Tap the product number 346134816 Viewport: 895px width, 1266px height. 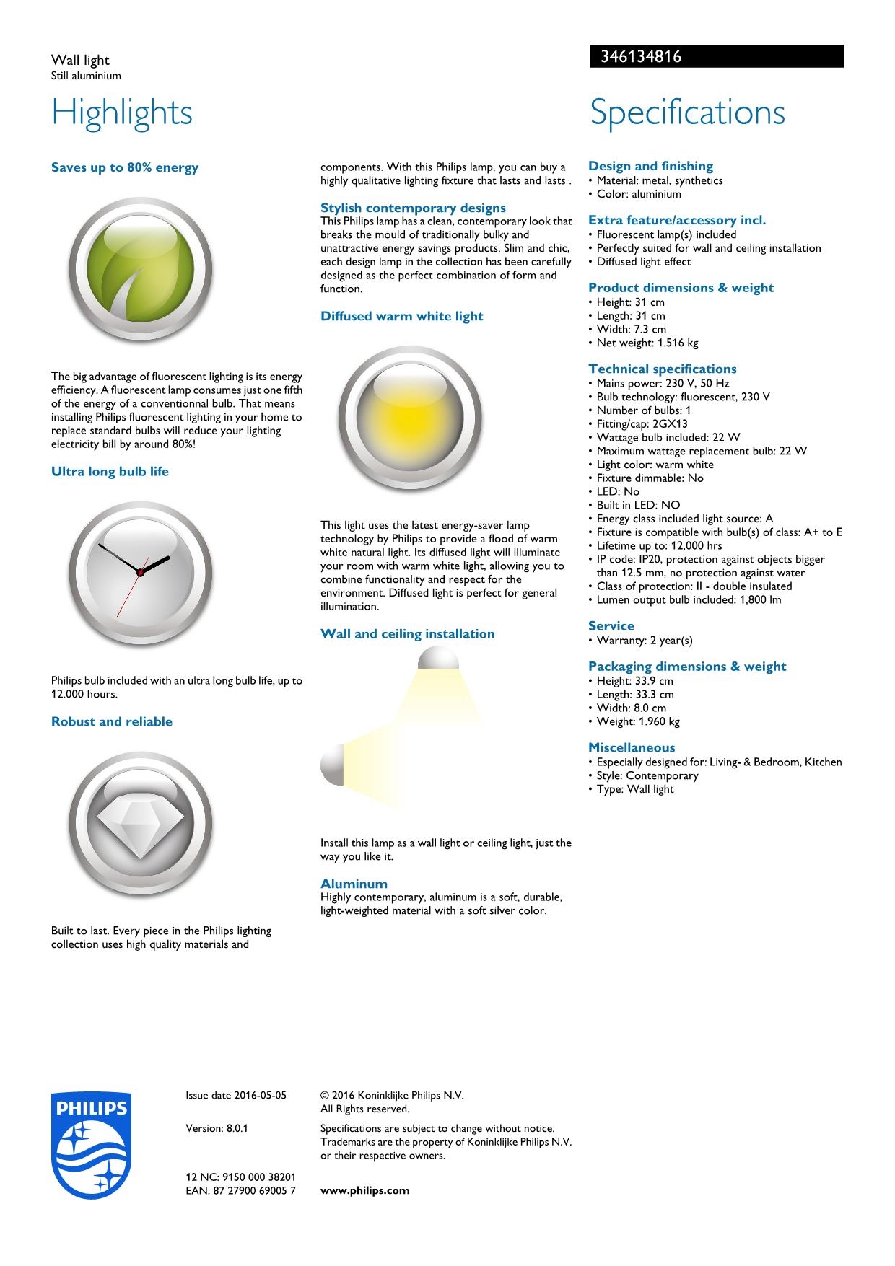(x=641, y=56)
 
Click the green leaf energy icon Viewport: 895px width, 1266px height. (x=140, y=271)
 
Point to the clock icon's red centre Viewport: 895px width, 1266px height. (x=141, y=572)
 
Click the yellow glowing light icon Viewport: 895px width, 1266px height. (x=409, y=418)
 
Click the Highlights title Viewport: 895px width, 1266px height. (x=122, y=113)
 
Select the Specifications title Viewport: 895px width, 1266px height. (x=687, y=113)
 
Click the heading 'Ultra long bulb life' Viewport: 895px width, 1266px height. (x=110, y=472)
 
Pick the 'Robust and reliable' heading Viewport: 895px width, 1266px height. (x=112, y=721)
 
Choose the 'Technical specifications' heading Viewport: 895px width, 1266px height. (x=662, y=369)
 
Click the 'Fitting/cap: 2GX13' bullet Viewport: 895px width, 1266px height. (x=642, y=424)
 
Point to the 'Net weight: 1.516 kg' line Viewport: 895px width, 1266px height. (x=647, y=343)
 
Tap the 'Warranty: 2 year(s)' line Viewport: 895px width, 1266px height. (x=644, y=641)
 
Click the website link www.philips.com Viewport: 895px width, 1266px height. (x=364, y=1190)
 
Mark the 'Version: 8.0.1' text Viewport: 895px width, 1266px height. (x=217, y=1128)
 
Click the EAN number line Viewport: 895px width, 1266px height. (x=240, y=1190)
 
